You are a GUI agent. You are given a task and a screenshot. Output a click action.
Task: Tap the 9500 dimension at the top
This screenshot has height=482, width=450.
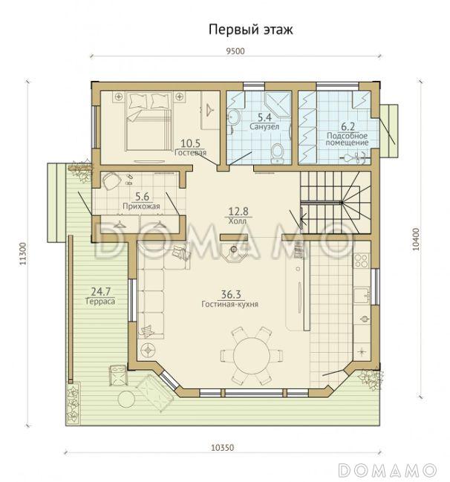pyautogui.click(x=235, y=51)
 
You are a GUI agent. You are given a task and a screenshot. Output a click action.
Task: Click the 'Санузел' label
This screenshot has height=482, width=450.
pyautogui.click(x=264, y=126)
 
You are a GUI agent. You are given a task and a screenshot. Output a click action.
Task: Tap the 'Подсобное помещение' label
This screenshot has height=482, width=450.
pyautogui.click(x=348, y=137)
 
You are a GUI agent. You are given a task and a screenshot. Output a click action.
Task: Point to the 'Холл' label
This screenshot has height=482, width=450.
pyautogui.click(x=238, y=221)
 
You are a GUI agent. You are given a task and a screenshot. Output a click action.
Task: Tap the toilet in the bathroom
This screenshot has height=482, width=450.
pyautogui.click(x=277, y=152)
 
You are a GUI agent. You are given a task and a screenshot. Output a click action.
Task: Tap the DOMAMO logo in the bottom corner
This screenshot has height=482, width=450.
pyautogui.click(x=391, y=469)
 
